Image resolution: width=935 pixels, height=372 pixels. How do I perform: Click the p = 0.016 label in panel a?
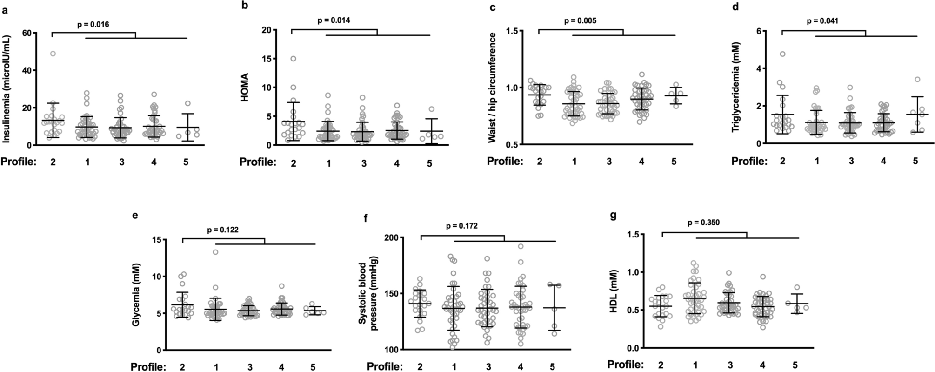pyautogui.click(x=93, y=24)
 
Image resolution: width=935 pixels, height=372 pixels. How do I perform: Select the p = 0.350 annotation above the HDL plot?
pyautogui.click(x=704, y=223)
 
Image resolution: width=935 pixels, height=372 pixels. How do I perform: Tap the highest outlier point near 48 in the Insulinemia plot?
pyautogui.click(x=53, y=54)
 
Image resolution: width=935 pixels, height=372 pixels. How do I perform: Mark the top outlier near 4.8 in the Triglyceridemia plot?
pyautogui.click(x=782, y=54)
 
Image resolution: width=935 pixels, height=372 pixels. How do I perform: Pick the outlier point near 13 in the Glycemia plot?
pyautogui.click(x=215, y=252)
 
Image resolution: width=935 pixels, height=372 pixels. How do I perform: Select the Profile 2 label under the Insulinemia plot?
pyautogui.click(x=52, y=162)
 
